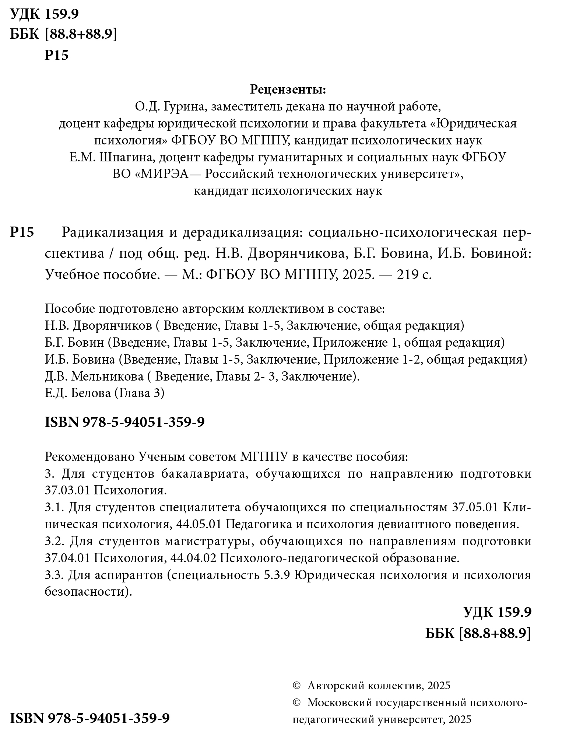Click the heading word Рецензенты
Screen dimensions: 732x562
click(x=288, y=90)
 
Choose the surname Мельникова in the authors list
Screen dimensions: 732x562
click(x=107, y=376)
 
